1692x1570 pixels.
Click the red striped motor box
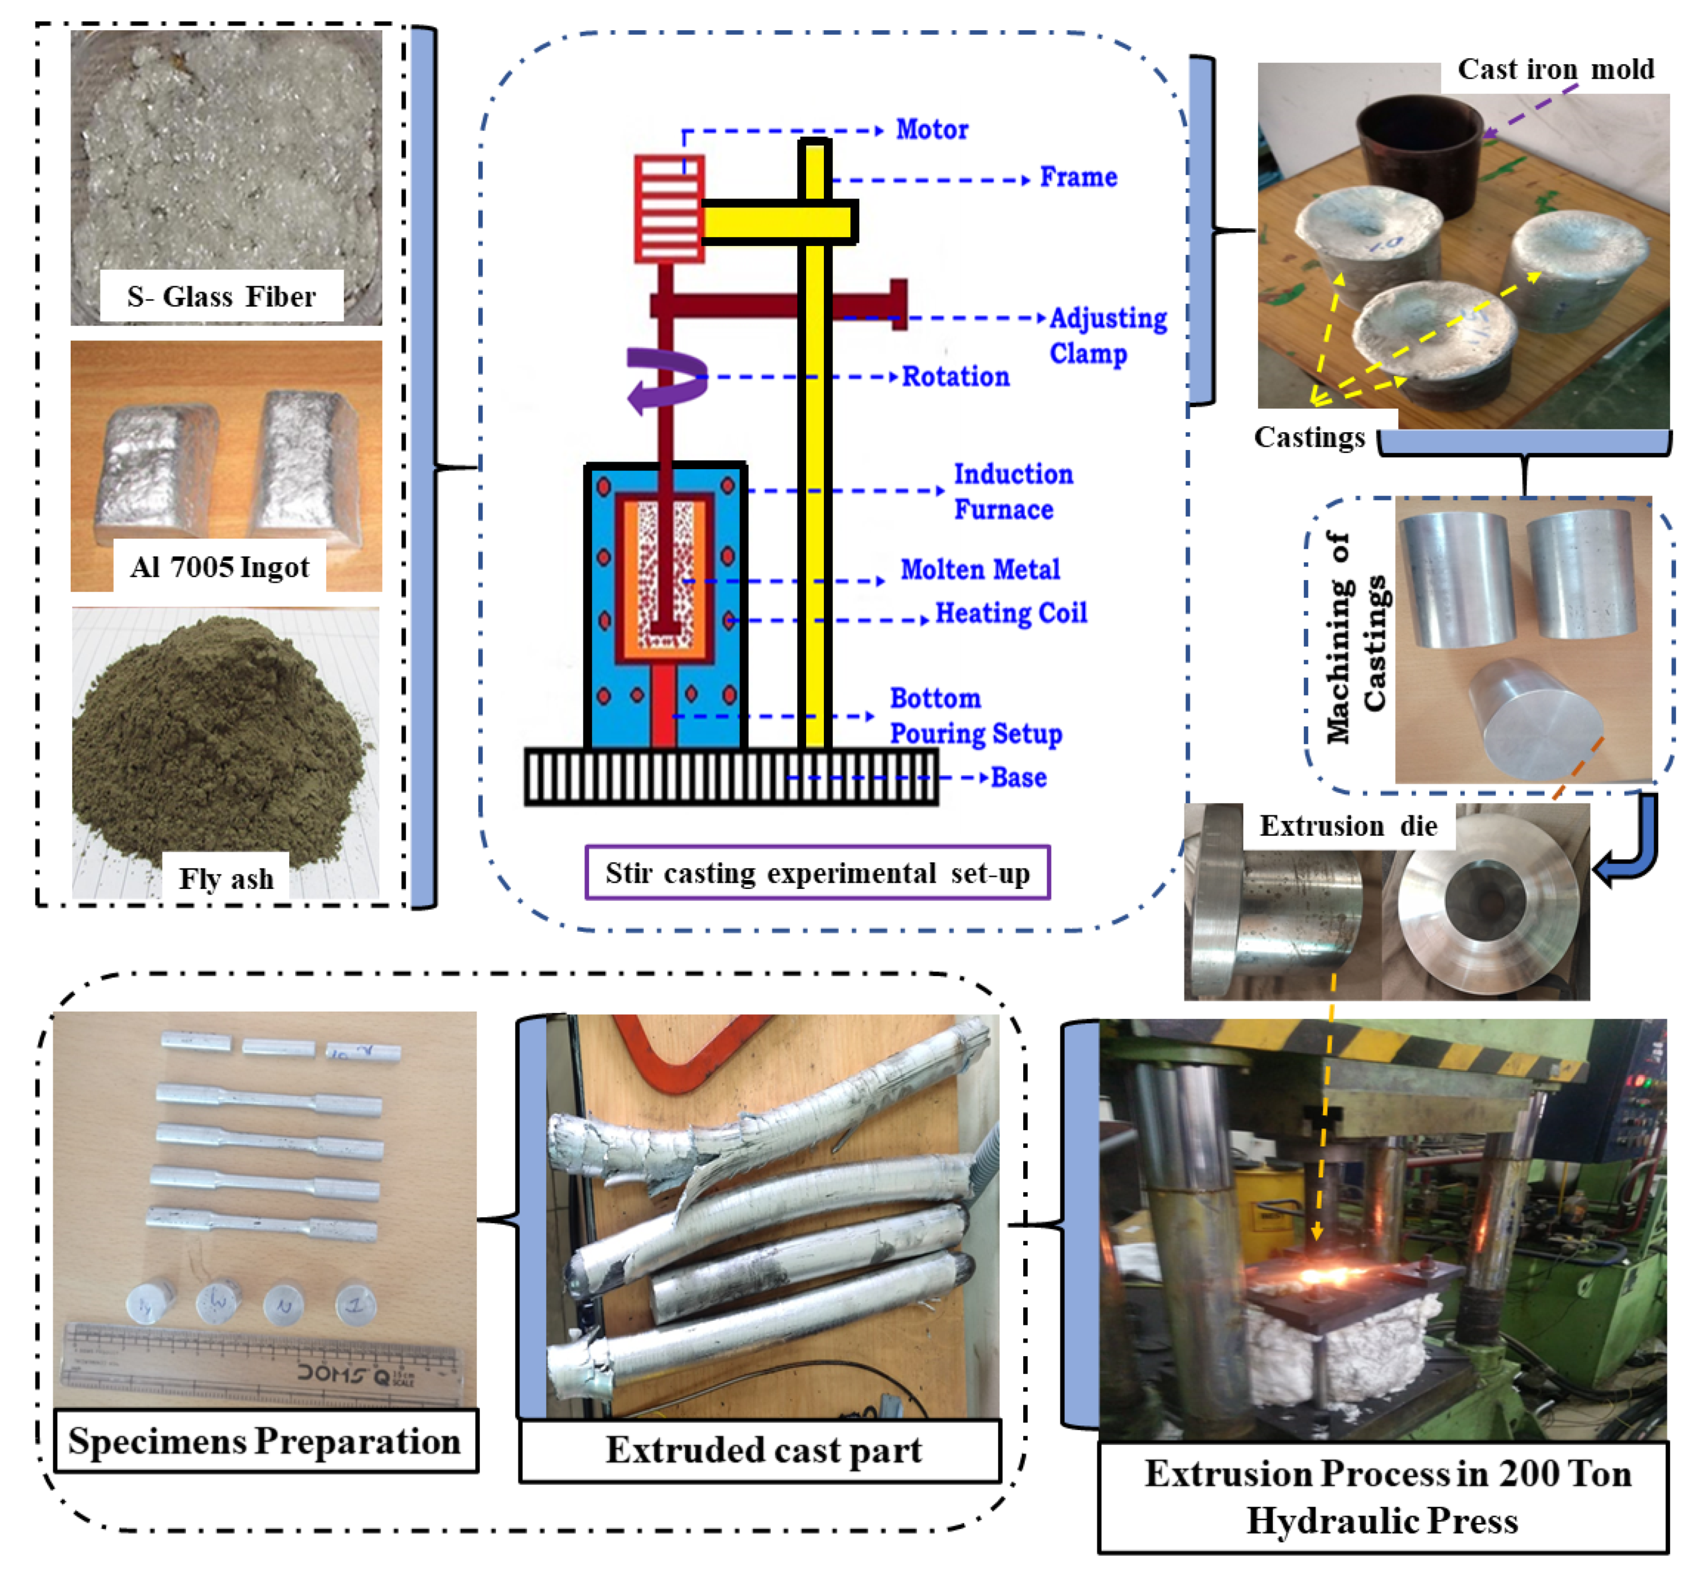coord(668,208)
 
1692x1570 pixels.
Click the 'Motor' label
coord(932,130)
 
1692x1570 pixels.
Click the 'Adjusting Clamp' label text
coord(1107,336)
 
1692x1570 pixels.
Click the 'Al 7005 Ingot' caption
coord(219,567)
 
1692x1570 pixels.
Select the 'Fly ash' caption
coord(226,878)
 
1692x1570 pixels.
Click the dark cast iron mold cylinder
coord(1418,153)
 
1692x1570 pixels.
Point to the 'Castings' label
coord(1309,438)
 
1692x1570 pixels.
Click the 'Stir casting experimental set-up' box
coord(817,873)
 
